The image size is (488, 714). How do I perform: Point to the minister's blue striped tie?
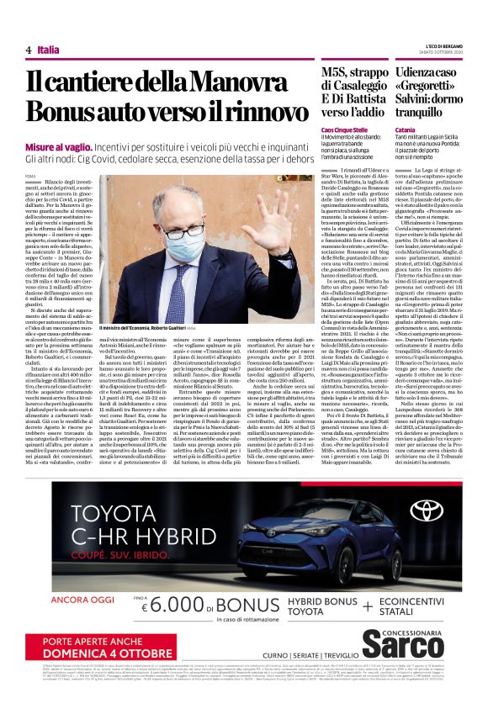point(179,290)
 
